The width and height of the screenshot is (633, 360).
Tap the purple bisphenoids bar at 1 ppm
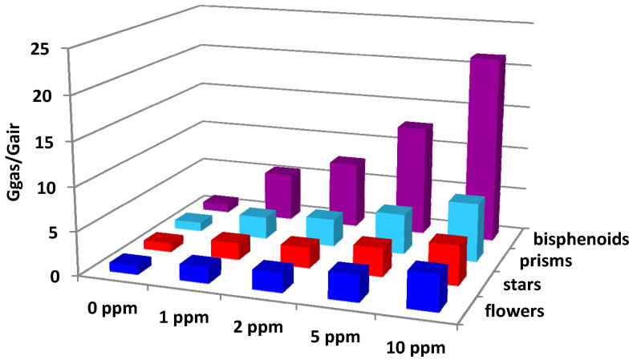(x=281, y=191)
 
